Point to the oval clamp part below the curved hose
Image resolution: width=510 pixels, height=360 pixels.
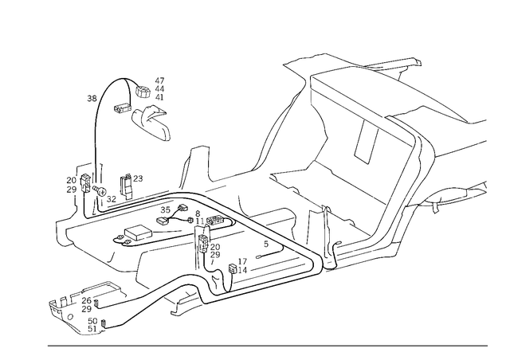pyautogui.click(x=151, y=119)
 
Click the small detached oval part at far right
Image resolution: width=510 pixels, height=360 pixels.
pyautogui.click(x=454, y=194)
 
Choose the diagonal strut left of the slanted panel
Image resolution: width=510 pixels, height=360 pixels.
pyautogui.click(x=275, y=135)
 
